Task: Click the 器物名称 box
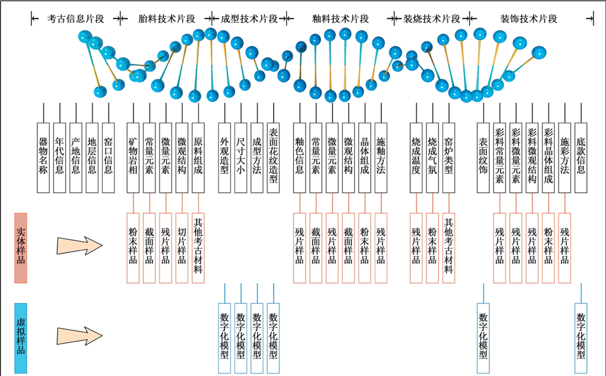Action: [43, 158]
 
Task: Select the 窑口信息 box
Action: [108, 158]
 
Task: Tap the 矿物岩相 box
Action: [133, 158]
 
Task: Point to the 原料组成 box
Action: [198, 158]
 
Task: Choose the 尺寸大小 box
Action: [241, 158]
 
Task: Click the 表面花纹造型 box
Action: [273, 158]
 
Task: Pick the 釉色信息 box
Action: [300, 158]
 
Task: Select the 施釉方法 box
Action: [381, 158]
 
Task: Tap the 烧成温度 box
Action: [416, 158]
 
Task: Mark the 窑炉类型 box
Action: [448, 158]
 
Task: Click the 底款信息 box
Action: [581, 158]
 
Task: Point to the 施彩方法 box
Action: [564, 158]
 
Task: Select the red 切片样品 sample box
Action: [182, 247]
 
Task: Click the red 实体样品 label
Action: [21, 247]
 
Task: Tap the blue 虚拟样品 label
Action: [21, 338]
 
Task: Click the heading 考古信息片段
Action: [76, 19]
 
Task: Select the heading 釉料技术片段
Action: [341, 19]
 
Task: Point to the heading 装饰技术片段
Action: [529, 19]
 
